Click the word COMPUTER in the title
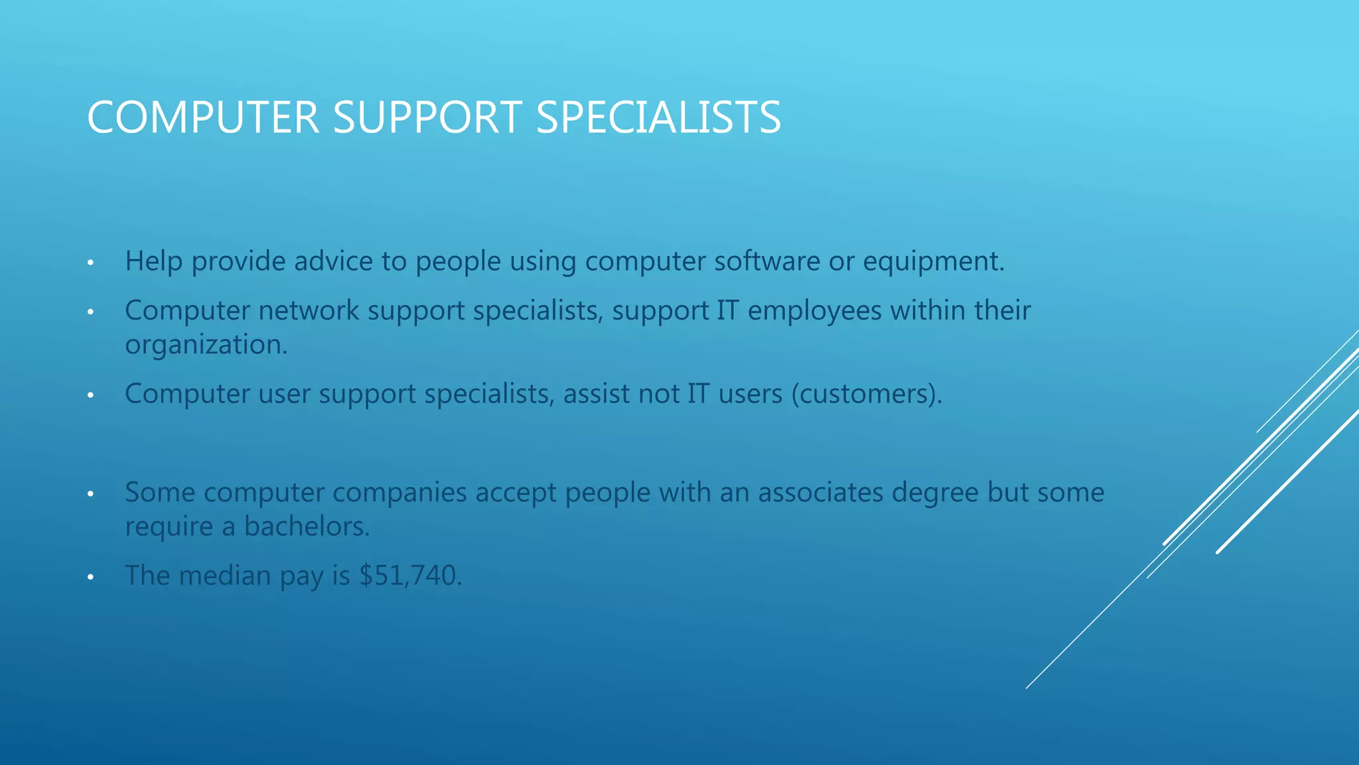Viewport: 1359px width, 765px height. tap(203, 118)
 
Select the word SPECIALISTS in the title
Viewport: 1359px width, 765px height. tap(658, 118)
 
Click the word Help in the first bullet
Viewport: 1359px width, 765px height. tap(153, 261)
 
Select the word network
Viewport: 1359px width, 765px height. tap(309, 310)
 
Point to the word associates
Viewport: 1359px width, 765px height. tap(820, 493)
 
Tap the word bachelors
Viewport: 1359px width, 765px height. tap(307, 527)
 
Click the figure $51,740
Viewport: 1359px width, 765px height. tap(409, 576)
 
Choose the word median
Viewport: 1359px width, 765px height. tap(225, 576)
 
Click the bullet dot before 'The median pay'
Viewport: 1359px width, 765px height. tap(91, 577)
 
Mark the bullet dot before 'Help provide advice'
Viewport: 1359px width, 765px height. tap(91, 263)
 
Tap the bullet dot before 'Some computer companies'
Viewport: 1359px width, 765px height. tap(91, 494)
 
